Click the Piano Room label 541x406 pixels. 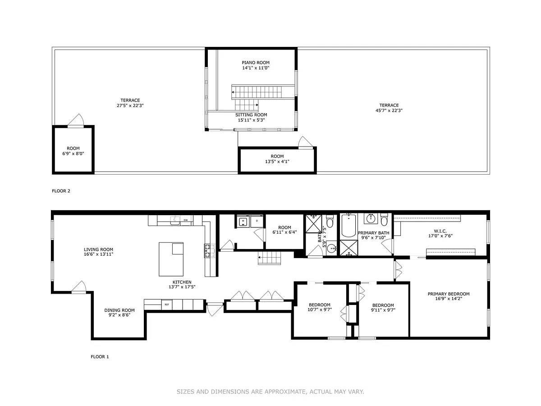[x=256, y=63]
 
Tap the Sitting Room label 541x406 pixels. [x=251, y=115]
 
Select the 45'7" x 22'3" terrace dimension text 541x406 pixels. [x=389, y=111]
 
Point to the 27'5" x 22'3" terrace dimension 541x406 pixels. [x=130, y=106]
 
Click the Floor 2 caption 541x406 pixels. [x=61, y=191]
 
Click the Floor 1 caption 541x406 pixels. [x=100, y=357]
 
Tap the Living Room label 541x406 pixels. [x=98, y=249]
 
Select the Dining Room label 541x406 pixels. [x=119, y=310]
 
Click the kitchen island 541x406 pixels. [x=171, y=259]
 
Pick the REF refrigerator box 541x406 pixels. [x=167, y=304]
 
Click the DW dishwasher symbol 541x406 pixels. [x=186, y=220]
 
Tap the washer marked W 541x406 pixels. [x=243, y=221]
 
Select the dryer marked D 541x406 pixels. [x=257, y=221]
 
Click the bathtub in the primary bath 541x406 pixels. [x=349, y=225]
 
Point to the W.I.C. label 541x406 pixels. [x=440, y=231]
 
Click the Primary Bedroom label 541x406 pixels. [x=449, y=294]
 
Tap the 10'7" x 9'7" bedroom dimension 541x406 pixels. [x=320, y=309]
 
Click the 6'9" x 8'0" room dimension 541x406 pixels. [x=73, y=153]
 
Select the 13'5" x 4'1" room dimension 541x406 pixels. [x=277, y=161]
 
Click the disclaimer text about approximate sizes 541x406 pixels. [x=270, y=392]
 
